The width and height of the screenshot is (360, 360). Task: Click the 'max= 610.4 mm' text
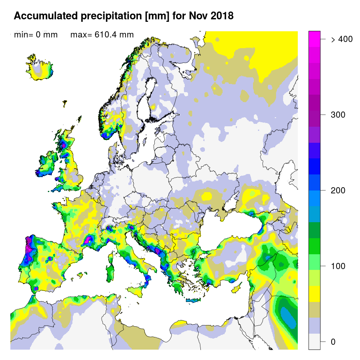point(102,35)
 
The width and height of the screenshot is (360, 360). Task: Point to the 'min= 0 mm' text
point(36,35)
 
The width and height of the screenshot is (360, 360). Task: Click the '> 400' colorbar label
point(341,39)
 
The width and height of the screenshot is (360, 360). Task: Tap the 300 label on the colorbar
point(338,115)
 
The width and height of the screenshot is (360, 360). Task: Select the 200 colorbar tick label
point(338,190)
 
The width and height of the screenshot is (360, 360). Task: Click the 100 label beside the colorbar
point(338,266)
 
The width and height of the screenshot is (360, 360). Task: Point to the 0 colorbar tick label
point(333,342)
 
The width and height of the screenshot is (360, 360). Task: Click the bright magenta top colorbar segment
point(314,36)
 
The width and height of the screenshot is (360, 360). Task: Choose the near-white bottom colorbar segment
point(314,341)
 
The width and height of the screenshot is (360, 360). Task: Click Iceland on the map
point(42,68)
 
